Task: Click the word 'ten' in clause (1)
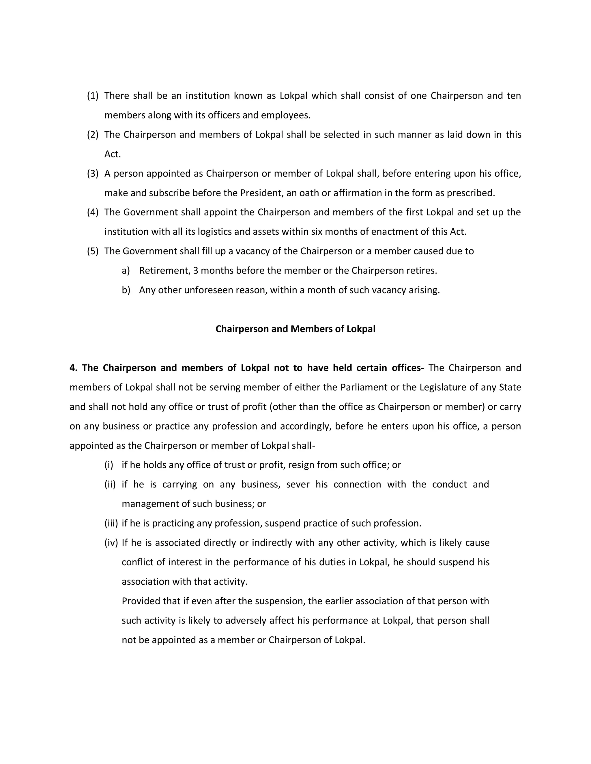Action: tap(514, 96)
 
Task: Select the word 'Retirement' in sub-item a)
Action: tap(164, 271)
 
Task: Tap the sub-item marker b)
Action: tap(126, 290)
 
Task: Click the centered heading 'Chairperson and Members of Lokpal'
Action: tap(295, 329)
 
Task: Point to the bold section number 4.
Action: tap(73, 368)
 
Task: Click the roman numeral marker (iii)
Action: tap(111, 523)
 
